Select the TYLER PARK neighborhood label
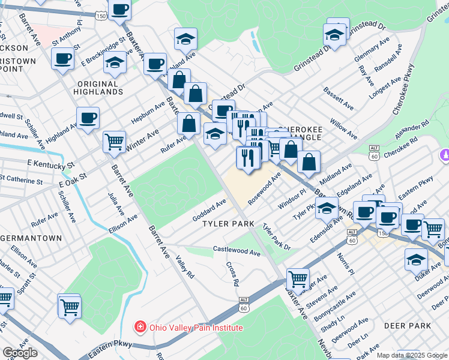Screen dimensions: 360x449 (229, 223)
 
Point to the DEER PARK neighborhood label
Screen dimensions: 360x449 (408, 326)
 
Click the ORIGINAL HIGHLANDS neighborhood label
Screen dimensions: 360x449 (98, 88)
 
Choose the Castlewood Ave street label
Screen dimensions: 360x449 (237, 251)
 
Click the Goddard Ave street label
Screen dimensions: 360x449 (209, 211)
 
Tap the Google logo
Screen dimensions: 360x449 (20, 353)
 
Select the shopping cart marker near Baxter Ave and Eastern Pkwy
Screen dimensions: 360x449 (298, 279)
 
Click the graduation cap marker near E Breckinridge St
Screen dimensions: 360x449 (114, 63)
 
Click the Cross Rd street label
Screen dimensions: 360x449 (232, 273)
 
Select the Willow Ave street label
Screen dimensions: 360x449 (343, 127)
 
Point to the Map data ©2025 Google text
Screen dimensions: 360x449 (412, 355)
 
